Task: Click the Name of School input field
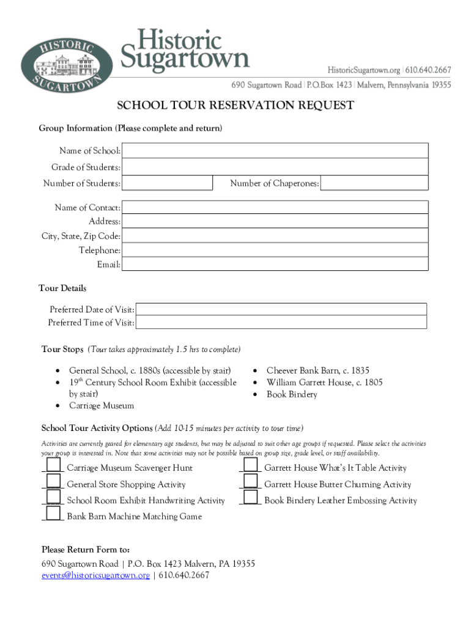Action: pos(275,151)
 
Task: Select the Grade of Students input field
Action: pos(275,167)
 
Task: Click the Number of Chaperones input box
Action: pos(374,183)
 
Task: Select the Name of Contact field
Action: pos(275,208)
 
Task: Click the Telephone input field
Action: pos(275,250)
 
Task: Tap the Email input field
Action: pos(275,264)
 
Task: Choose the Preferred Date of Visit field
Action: pos(281,309)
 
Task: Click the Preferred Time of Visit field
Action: pos(281,323)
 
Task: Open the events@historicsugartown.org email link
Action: pos(95,575)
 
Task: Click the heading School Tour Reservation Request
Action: pos(235,106)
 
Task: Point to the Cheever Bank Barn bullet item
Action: pos(317,370)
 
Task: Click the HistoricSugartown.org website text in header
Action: pos(364,70)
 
